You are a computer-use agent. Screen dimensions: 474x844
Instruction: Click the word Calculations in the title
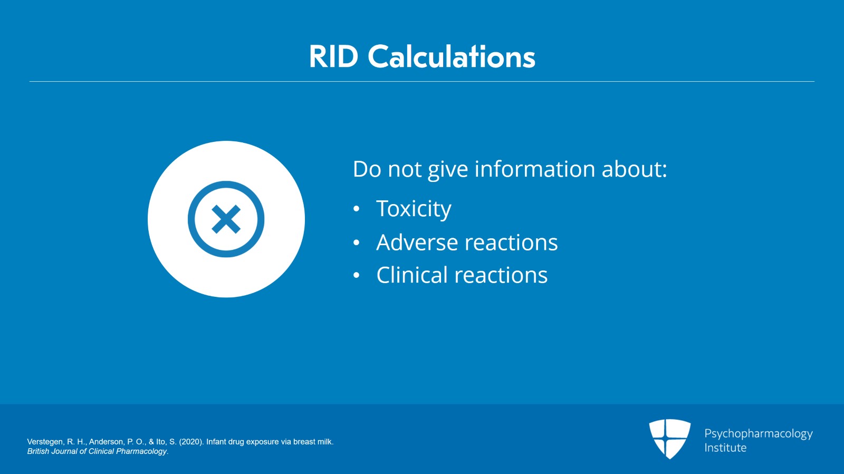pos(451,56)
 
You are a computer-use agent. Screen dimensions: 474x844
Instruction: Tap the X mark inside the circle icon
pos(226,219)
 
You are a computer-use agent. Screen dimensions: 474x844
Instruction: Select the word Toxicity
pos(414,209)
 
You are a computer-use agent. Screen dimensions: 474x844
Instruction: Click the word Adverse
pos(417,243)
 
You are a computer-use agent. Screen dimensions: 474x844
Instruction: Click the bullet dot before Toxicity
pos(357,209)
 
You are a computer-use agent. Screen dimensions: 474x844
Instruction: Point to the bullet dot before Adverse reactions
pos(357,243)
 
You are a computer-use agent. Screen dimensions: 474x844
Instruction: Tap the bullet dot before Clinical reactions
pos(357,276)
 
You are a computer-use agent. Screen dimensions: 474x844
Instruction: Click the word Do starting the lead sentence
pos(366,169)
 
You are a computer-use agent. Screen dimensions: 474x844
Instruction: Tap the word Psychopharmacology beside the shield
pos(758,434)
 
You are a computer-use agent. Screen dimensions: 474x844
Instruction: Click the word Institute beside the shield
pos(725,448)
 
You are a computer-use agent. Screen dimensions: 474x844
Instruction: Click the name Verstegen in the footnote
pos(45,442)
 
